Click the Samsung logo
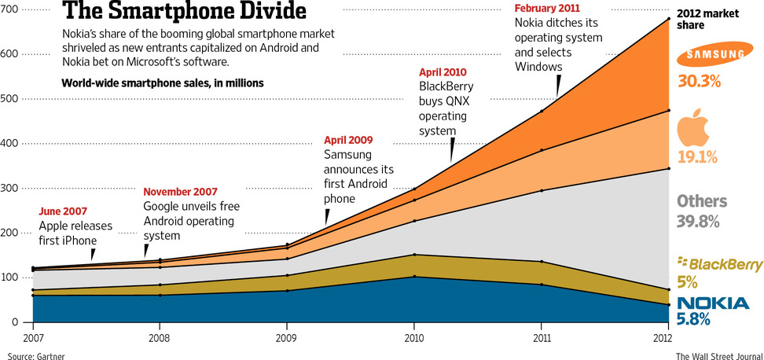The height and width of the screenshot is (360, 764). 713,54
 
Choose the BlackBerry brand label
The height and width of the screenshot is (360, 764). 716,264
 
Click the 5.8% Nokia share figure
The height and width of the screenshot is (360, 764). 694,319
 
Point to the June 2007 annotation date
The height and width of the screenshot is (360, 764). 64,211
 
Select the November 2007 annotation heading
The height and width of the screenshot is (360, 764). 180,192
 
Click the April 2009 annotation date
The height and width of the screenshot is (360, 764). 349,141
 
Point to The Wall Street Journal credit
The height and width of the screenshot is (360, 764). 716,355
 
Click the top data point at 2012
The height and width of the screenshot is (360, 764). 668,18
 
